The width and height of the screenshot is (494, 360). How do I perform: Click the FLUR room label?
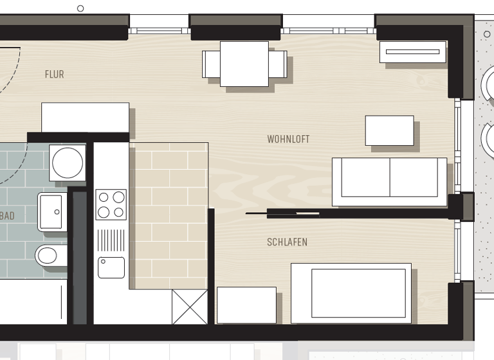(55, 75)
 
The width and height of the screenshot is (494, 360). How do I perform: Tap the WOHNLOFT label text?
(288, 139)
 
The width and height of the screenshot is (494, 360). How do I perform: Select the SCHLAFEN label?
(287, 242)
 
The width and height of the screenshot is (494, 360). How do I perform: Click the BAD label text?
(7, 216)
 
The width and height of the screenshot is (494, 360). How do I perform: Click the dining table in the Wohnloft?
(244, 64)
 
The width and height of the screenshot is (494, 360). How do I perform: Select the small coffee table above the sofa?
(389, 130)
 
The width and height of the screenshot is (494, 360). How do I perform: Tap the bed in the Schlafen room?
(351, 293)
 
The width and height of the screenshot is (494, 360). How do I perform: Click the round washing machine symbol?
(68, 163)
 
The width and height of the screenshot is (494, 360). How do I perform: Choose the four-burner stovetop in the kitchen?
(111, 204)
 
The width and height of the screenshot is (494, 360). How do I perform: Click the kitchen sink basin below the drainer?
(111, 267)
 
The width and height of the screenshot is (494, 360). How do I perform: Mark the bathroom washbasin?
(51, 212)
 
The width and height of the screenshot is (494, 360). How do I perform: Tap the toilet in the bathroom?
(50, 256)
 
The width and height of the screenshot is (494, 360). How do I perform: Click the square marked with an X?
(190, 307)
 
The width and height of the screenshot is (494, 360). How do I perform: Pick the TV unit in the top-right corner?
(412, 52)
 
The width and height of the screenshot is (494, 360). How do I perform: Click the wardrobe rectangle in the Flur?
(85, 117)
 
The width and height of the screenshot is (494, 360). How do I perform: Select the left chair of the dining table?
(210, 64)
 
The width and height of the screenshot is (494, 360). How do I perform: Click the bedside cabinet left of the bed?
(246, 305)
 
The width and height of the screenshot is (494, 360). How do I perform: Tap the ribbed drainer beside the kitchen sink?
(111, 240)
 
